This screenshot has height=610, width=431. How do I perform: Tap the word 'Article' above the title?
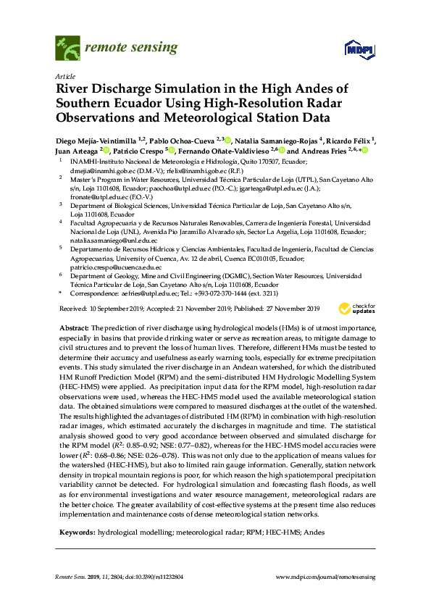[64, 75]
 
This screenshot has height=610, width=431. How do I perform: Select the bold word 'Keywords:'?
[76, 532]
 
